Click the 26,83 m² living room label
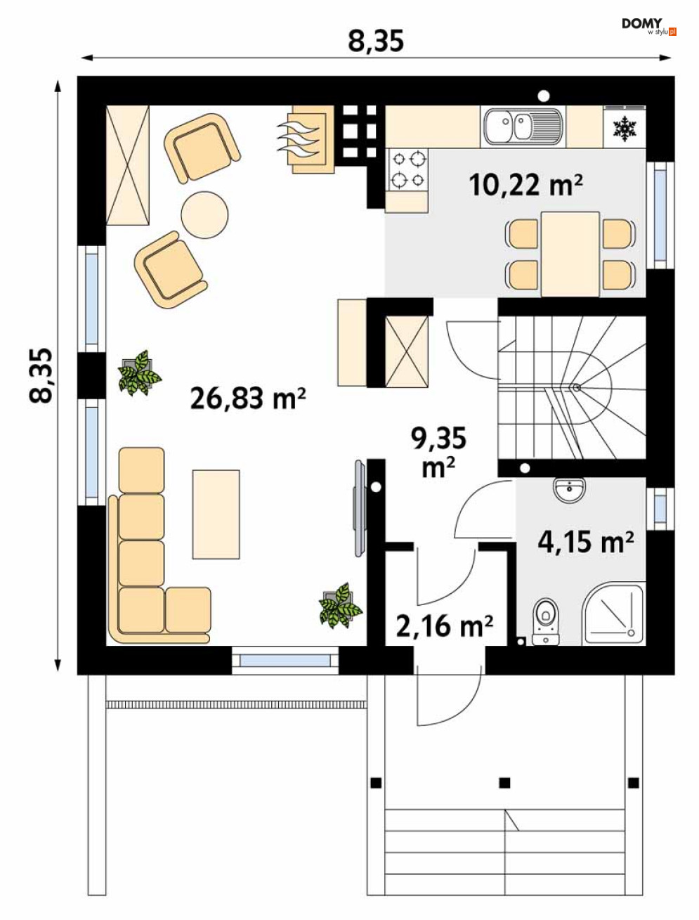click(x=248, y=398)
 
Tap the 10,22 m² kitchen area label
click(x=525, y=184)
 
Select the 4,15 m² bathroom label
click(x=585, y=542)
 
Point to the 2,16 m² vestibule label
click(x=445, y=626)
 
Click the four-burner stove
click(x=407, y=170)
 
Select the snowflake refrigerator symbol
click(x=625, y=129)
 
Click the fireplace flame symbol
click(x=301, y=136)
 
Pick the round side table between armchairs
click(x=205, y=214)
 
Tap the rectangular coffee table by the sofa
click(x=216, y=514)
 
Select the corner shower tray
click(x=614, y=614)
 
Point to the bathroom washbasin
click(x=570, y=489)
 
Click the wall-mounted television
click(x=360, y=508)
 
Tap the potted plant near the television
click(x=340, y=606)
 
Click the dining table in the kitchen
click(x=570, y=254)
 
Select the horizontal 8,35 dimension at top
click(x=376, y=41)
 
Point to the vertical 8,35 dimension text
click(x=41, y=375)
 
